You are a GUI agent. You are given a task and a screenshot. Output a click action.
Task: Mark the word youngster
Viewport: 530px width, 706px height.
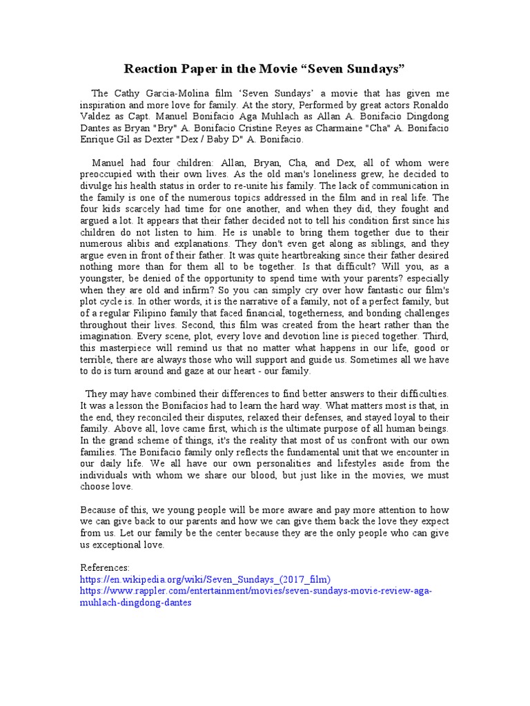pyautogui.click(x=105, y=278)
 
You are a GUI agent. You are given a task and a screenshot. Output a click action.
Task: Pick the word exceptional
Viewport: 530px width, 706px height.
pyautogui.click(x=121, y=545)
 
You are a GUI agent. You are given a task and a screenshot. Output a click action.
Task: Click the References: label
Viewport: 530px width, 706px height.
pyautogui.click(x=105, y=567)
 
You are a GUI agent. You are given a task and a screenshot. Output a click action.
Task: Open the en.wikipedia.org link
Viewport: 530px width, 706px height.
pyautogui.click(x=206, y=579)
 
